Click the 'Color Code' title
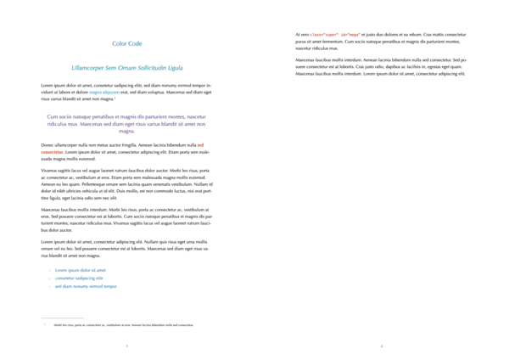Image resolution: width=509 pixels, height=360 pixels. [127, 43]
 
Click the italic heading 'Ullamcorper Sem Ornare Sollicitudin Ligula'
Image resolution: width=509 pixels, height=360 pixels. [127, 67]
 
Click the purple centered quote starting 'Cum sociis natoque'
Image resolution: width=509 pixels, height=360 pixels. [127, 123]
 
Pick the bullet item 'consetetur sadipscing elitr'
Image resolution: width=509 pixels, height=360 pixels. [79, 278]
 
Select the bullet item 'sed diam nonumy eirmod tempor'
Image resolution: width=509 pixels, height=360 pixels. [86, 286]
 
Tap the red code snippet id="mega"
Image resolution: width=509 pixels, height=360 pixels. [348, 35]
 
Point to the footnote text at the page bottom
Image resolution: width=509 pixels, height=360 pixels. [123, 325]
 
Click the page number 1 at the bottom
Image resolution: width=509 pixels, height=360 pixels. [127, 346]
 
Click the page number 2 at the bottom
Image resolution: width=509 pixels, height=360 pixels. [382, 346]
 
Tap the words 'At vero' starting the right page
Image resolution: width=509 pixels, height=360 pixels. [302, 35]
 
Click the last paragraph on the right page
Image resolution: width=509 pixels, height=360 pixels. [382, 67]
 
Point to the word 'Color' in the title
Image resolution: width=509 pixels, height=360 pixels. [120, 43]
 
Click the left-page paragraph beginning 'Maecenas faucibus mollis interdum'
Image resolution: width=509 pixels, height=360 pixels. [127, 219]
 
